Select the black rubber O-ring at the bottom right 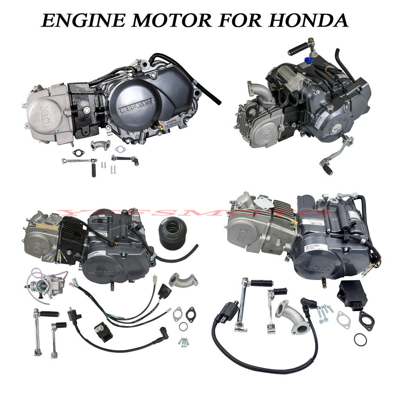tap(360, 339)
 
